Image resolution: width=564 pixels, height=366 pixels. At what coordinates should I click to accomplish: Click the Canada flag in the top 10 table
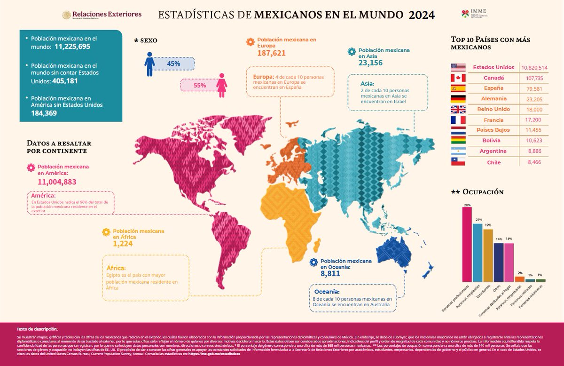click(x=458, y=78)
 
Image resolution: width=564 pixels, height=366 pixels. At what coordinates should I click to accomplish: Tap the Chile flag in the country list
click(x=458, y=162)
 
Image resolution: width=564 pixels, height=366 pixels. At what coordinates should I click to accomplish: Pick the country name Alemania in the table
click(x=493, y=99)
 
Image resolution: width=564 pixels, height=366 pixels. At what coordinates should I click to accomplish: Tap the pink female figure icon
click(x=222, y=85)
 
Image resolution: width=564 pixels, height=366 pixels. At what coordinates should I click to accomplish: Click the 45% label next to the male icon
click(x=173, y=64)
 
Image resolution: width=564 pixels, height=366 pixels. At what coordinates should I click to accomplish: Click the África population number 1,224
click(x=123, y=244)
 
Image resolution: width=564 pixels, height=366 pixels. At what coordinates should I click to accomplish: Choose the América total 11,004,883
click(x=56, y=182)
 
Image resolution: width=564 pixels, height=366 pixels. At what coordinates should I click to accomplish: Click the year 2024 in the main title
click(x=421, y=15)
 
